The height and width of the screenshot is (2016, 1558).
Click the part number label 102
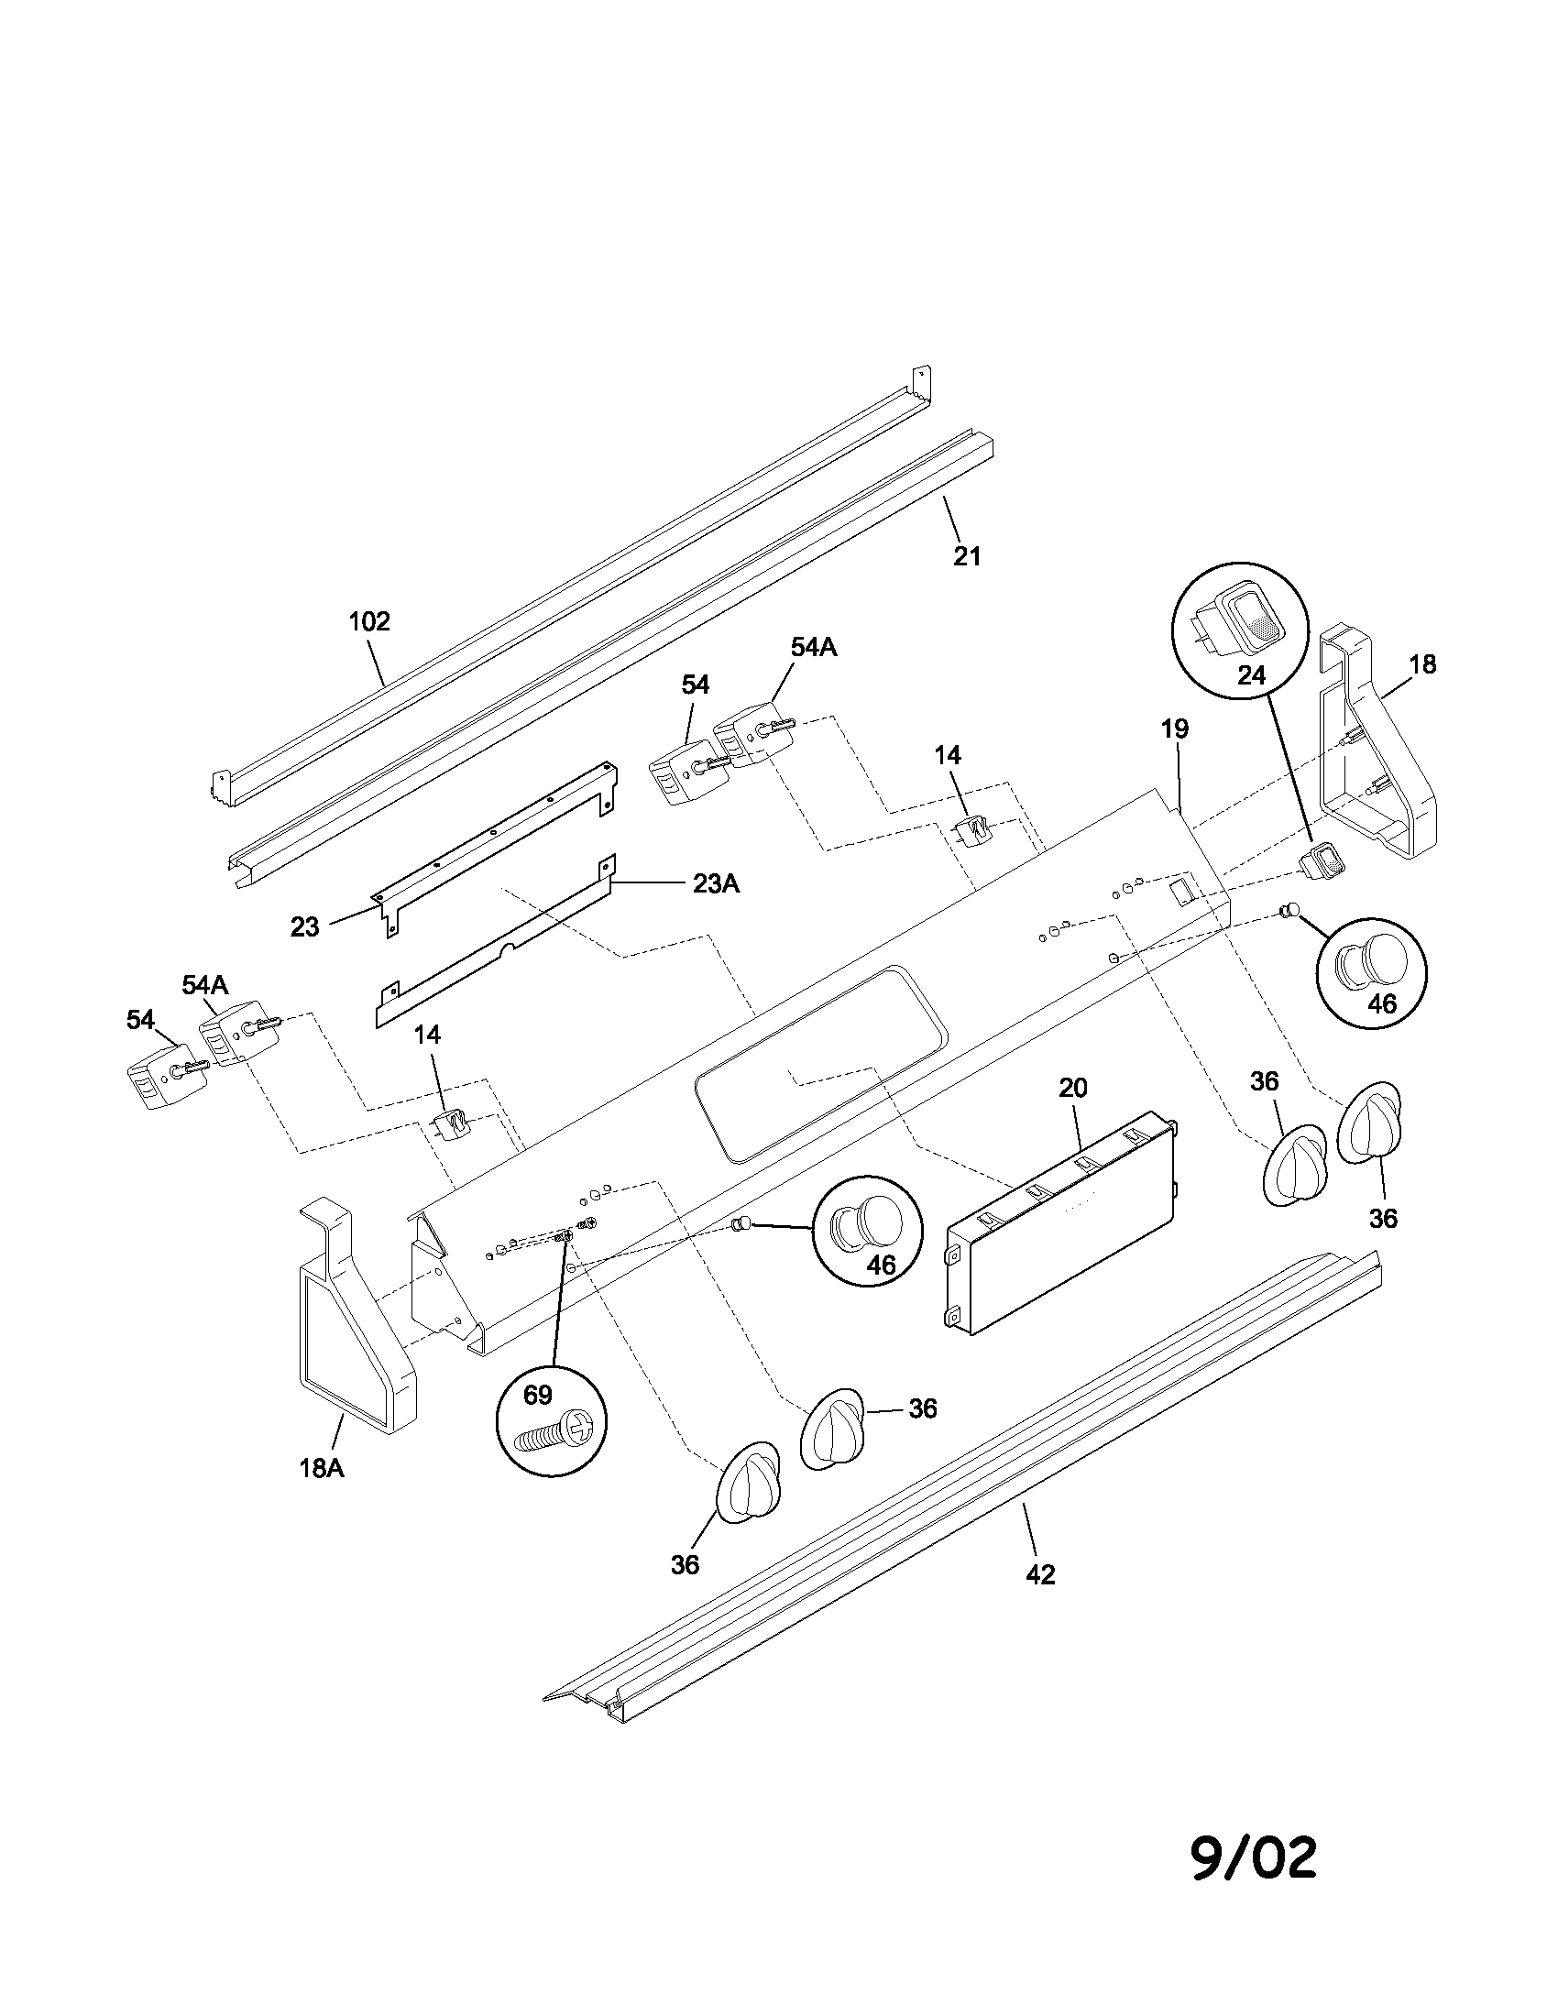click(369, 621)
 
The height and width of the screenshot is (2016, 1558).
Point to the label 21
click(966, 555)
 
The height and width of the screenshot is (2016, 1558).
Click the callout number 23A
click(717, 883)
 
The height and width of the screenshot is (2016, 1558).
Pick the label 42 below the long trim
click(1040, 1574)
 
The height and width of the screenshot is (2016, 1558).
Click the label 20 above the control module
click(1072, 1089)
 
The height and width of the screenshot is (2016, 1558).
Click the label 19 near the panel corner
click(1174, 729)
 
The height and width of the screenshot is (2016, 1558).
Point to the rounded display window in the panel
click(821, 1061)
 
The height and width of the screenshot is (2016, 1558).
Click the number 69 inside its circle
click(537, 1395)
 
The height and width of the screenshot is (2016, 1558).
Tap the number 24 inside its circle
click(1251, 674)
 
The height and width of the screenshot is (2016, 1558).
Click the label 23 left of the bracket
click(304, 926)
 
